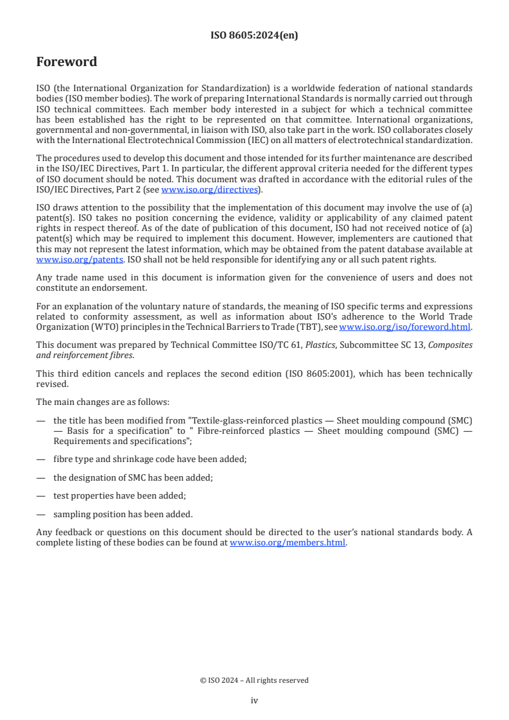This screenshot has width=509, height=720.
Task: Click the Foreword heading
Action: (67, 62)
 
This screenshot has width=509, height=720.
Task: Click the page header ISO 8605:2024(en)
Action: (254, 36)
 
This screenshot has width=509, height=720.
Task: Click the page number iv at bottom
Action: (254, 701)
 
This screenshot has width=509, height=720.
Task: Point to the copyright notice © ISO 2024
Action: (254, 680)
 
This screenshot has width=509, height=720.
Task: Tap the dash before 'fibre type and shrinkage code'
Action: (41, 459)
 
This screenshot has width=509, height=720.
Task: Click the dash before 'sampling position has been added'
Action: (41, 514)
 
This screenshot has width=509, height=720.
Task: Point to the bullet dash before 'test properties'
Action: (41, 495)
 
